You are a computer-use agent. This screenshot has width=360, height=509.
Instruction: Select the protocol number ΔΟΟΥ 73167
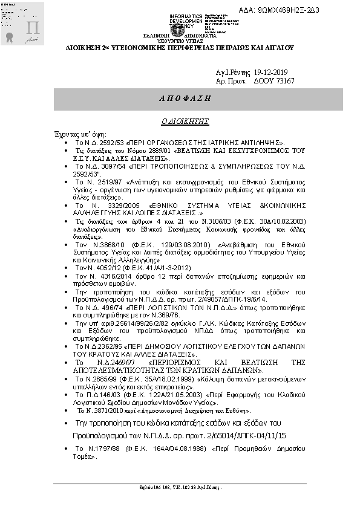273,80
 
